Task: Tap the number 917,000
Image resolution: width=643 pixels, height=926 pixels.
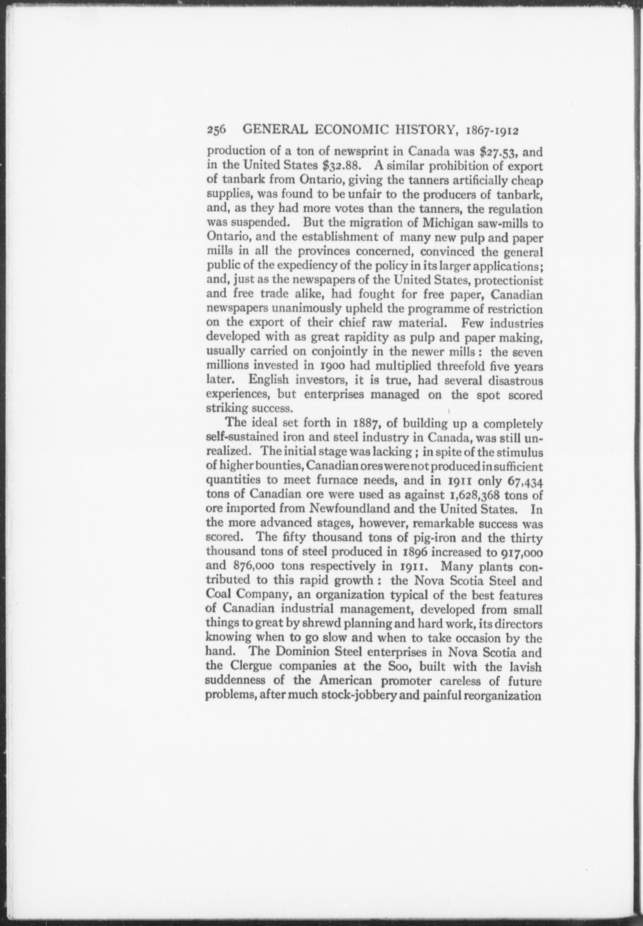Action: pyautogui.click(x=520, y=552)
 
